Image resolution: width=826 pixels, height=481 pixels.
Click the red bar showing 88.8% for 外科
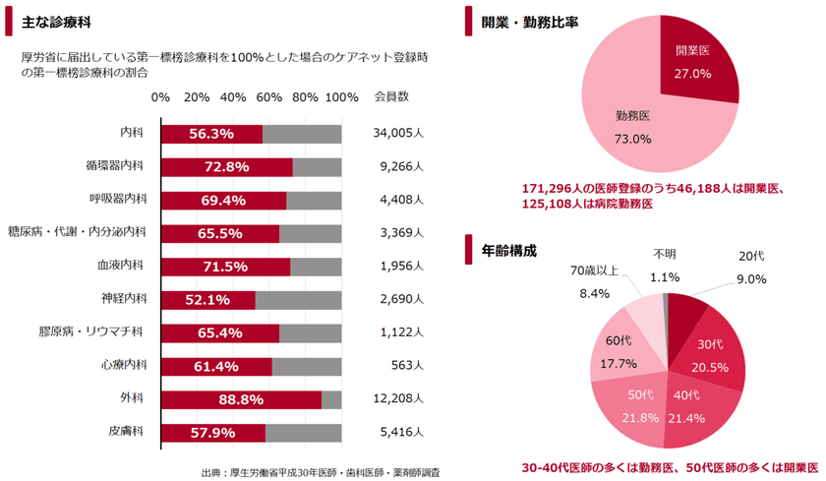pos(241,399)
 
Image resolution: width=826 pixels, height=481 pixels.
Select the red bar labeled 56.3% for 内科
pos(211,134)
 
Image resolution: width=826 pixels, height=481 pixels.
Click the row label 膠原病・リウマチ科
pos(92,332)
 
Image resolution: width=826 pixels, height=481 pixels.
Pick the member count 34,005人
pos(397,134)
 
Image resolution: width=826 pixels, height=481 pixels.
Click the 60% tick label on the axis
pos(268,97)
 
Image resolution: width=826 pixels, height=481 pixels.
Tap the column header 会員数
pos(391,97)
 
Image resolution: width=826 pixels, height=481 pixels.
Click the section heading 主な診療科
pos(48,21)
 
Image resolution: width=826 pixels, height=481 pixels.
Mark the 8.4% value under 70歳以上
pos(595,293)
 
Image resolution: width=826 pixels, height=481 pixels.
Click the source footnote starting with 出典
pos(320,471)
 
